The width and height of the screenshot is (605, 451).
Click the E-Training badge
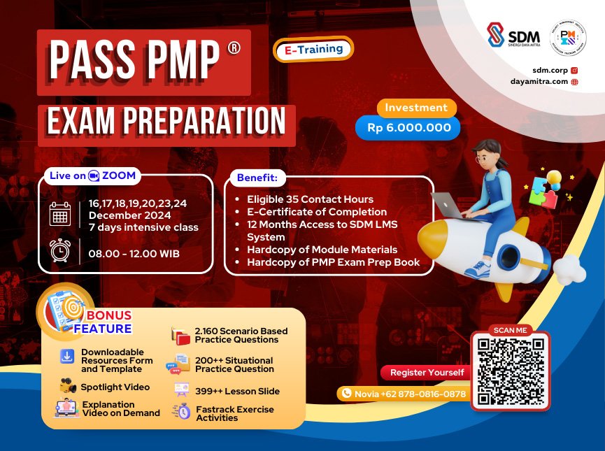point(313,49)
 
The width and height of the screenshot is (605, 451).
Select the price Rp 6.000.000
point(408,128)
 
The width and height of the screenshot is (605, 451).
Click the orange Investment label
point(416,108)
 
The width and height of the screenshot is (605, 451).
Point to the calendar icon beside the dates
point(60,214)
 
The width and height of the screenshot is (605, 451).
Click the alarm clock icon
point(60,251)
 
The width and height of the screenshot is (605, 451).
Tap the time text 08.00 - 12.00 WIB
point(134,252)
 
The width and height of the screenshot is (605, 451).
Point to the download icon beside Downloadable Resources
point(68,357)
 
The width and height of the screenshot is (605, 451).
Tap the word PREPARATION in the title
point(206,122)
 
